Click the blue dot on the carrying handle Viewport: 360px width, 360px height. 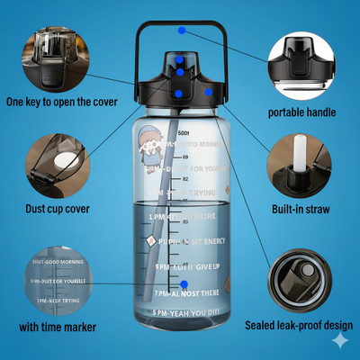183,30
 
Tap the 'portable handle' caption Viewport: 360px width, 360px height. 302,112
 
